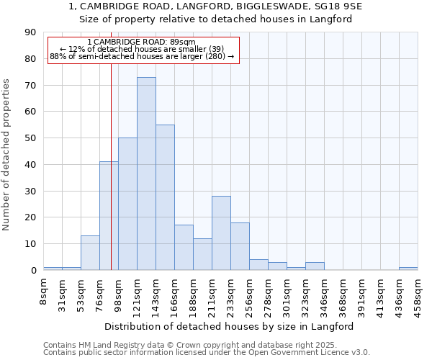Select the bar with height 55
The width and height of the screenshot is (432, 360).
click(x=165, y=197)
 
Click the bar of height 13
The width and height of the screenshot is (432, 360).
click(x=90, y=253)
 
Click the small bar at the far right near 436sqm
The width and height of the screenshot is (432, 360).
click(x=408, y=269)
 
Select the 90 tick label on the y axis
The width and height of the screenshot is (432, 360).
click(x=30, y=32)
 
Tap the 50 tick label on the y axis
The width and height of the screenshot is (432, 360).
click(x=30, y=138)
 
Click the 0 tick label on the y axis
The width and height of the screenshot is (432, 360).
click(x=33, y=271)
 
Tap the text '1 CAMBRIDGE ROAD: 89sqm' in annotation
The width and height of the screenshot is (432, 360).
click(x=140, y=42)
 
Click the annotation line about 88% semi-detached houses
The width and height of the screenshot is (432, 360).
click(x=142, y=56)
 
